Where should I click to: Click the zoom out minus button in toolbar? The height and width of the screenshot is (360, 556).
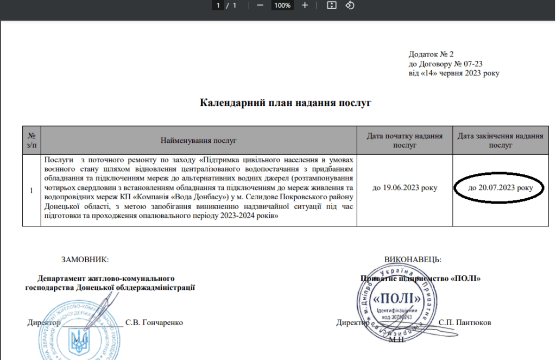(260, 5)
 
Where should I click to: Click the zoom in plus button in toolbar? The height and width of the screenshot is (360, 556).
(305, 5)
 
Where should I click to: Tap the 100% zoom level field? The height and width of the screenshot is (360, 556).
(282, 5)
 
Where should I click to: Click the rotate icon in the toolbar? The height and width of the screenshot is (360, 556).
(350, 5)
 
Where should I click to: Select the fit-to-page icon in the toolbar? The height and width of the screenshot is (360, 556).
(332, 5)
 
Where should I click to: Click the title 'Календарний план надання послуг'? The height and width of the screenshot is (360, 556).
(286, 102)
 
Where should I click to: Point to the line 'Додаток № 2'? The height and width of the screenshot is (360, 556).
(431, 54)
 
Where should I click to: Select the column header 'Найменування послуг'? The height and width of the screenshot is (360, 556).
(199, 141)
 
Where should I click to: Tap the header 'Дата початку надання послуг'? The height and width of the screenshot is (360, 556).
(405, 141)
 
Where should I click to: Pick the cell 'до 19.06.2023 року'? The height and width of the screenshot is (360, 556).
(405, 188)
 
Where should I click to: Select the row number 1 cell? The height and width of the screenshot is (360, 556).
(31, 190)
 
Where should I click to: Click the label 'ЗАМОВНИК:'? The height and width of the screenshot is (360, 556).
(85, 260)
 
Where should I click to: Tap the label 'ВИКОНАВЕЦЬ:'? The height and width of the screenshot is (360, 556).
(413, 260)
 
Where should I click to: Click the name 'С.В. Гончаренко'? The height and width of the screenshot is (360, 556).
(154, 323)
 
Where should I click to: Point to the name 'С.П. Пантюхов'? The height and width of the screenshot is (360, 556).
(465, 323)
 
